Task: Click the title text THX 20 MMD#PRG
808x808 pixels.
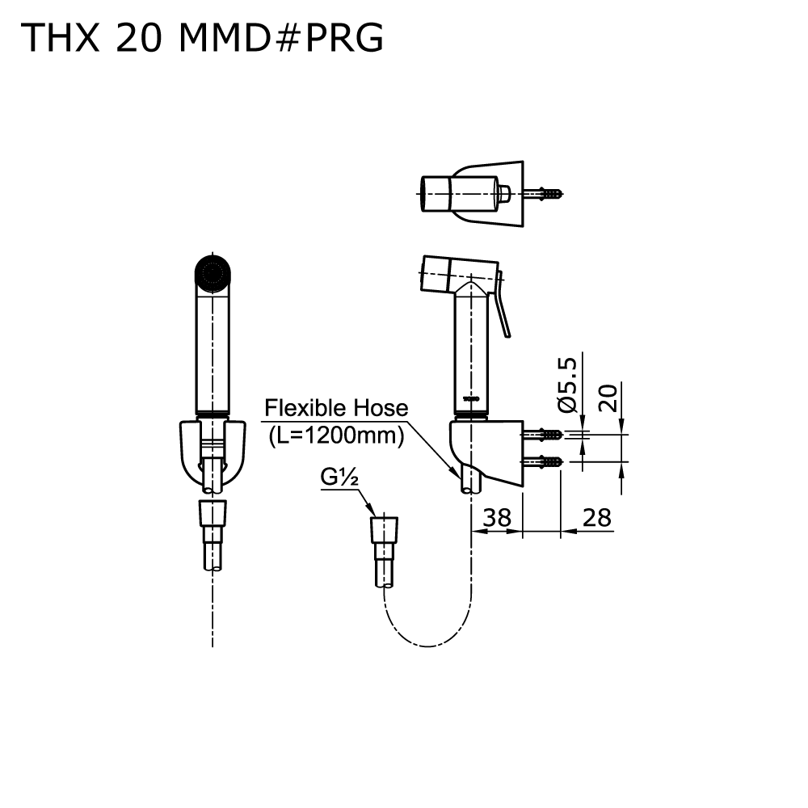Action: [203, 38]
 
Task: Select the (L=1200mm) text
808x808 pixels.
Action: [335, 436]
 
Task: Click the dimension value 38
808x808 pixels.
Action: [497, 517]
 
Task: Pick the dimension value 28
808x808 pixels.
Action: [596, 517]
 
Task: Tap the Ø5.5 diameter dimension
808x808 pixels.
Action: [568, 385]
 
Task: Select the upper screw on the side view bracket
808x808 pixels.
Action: [546, 435]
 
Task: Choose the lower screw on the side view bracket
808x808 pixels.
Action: [546, 462]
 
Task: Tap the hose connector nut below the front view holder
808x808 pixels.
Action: [213, 514]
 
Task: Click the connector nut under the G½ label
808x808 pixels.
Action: [385, 530]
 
